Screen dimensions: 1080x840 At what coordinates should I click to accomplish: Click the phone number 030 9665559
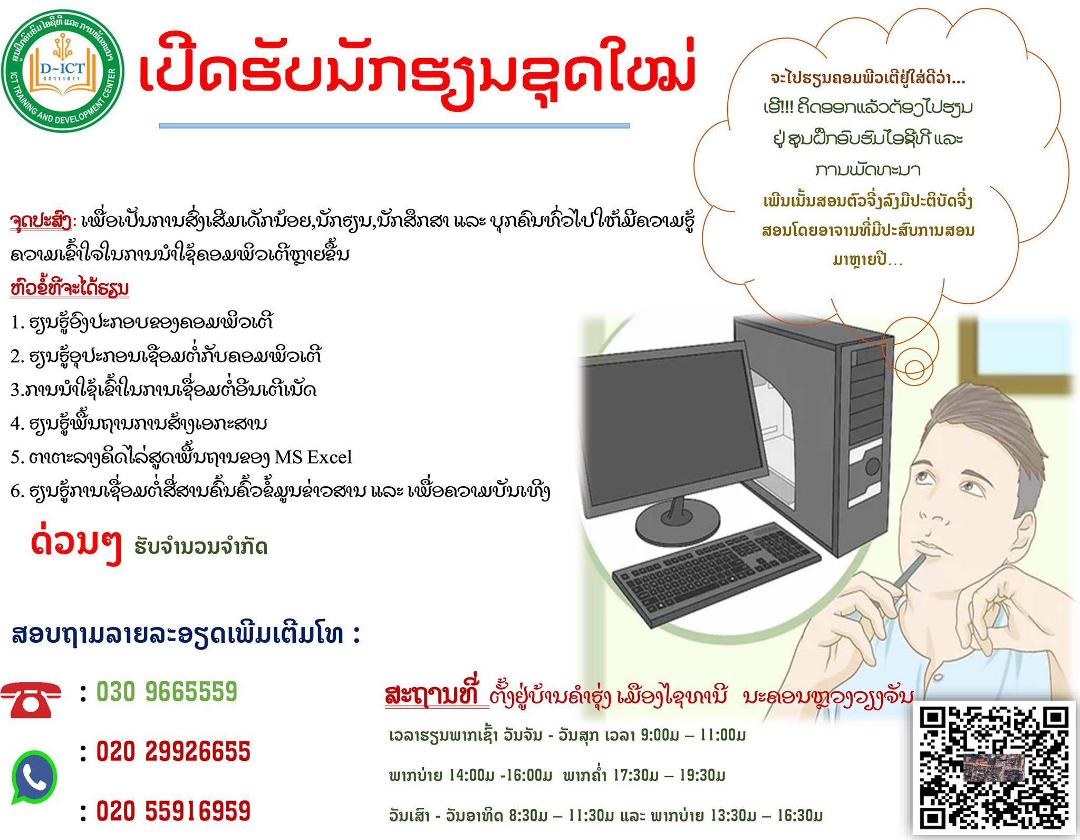coord(167,692)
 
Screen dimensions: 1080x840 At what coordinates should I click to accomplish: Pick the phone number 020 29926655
coord(173,751)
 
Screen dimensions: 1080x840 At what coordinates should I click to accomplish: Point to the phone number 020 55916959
coord(173,811)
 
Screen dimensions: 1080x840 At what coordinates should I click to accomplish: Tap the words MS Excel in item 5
coord(313,457)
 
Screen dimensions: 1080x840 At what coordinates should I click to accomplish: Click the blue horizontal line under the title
coord(394,126)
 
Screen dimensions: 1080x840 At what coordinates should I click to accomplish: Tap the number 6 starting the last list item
coord(15,491)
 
